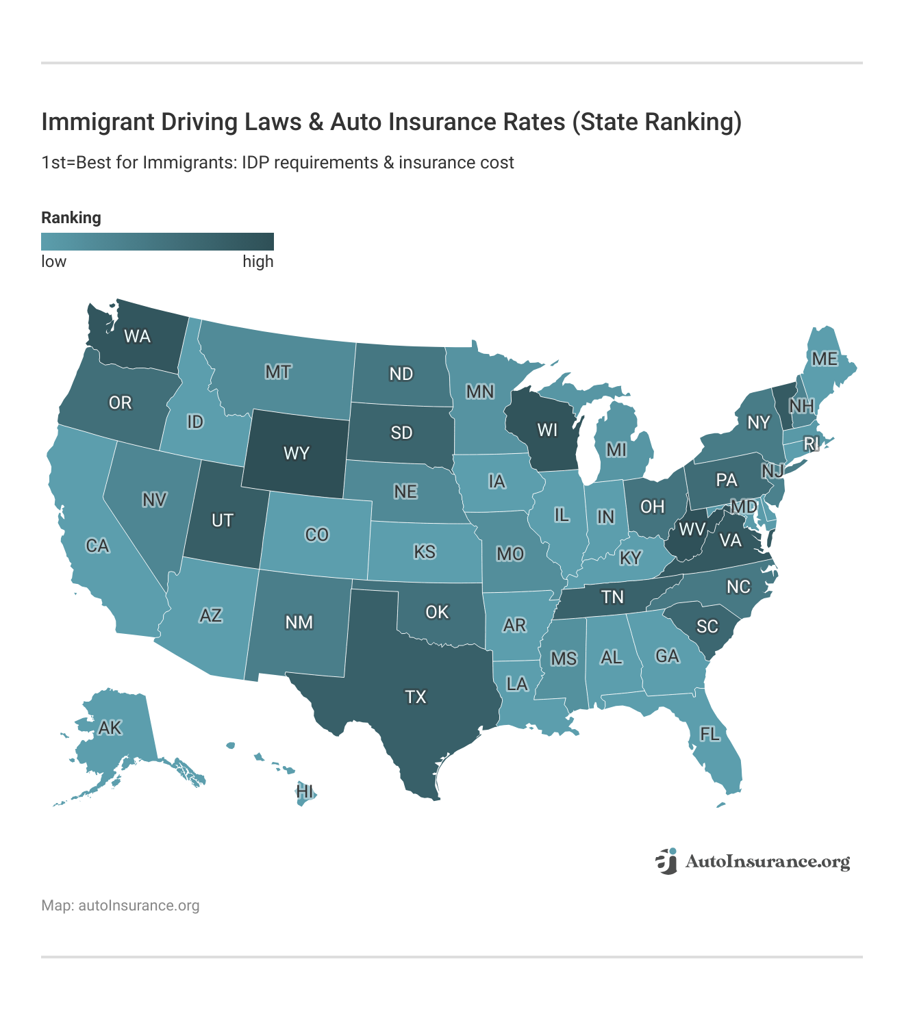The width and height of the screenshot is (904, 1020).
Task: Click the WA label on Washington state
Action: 137,336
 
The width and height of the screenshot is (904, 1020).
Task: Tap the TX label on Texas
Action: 416,697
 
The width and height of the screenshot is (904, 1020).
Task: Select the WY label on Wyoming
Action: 297,453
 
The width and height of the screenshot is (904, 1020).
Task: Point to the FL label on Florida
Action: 710,735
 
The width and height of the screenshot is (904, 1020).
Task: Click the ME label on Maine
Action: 825,359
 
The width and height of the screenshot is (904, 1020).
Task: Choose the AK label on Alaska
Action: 110,728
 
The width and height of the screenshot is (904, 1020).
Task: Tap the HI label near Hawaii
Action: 305,792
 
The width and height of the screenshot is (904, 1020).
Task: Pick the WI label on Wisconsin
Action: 547,430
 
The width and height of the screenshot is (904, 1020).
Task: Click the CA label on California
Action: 97,546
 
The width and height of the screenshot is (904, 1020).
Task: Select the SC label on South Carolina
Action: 707,626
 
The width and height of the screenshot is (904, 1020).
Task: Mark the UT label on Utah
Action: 223,521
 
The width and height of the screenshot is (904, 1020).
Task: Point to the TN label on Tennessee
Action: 612,597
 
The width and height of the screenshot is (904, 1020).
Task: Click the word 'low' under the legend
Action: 54,262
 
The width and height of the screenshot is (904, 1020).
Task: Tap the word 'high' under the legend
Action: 258,262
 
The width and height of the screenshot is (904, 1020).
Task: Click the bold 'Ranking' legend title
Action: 71,218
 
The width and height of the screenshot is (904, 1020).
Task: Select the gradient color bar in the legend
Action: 158,242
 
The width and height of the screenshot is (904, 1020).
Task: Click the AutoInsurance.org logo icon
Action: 666,861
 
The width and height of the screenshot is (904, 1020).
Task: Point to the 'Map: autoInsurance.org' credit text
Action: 121,906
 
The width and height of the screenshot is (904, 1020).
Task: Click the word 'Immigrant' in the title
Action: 99,122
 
